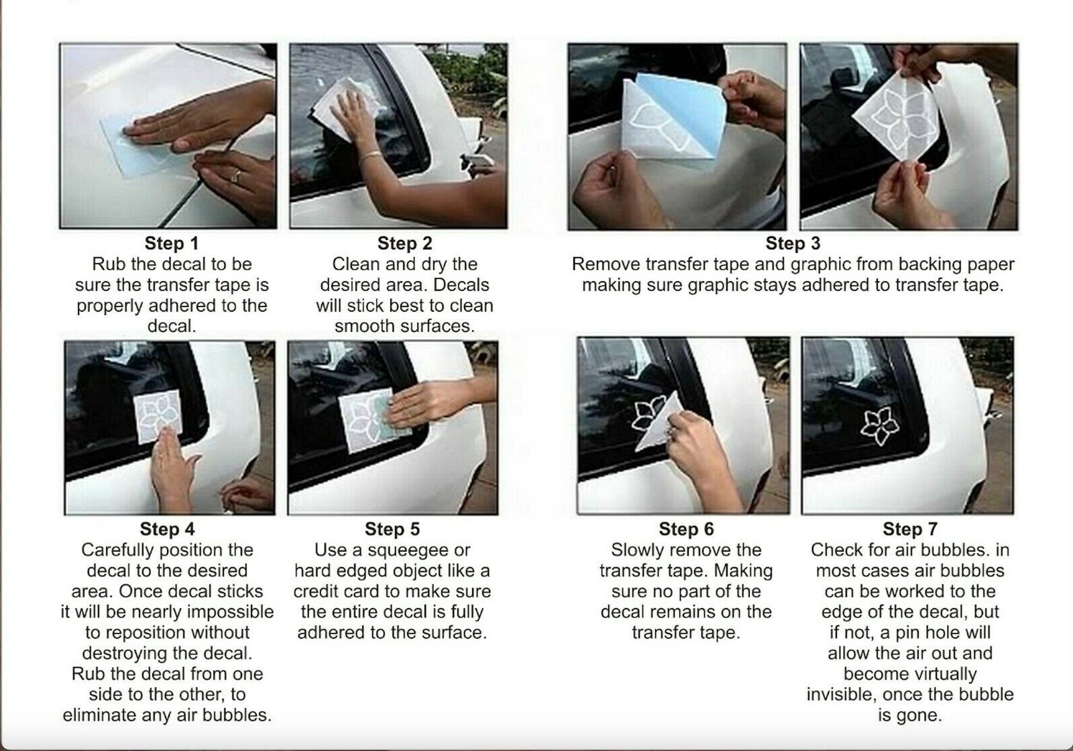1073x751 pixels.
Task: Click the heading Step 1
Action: click(x=172, y=243)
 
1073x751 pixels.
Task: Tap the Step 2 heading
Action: click(x=405, y=243)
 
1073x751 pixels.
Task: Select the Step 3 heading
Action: click(x=793, y=243)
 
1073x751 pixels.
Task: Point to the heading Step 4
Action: click(x=167, y=529)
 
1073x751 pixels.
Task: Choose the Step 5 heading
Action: click(x=392, y=529)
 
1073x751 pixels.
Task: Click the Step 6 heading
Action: click(x=686, y=529)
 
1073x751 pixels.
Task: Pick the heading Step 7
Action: click(x=910, y=529)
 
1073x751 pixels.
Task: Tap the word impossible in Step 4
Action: click(x=230, y=612)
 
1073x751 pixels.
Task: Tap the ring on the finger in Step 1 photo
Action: click(x=235, y=176)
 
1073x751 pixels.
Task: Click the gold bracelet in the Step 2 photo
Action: click(x=371, y=155)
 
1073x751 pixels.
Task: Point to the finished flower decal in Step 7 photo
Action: click(x=879, y=426)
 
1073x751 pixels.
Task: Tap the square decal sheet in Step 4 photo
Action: click(x=158, y=416)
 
